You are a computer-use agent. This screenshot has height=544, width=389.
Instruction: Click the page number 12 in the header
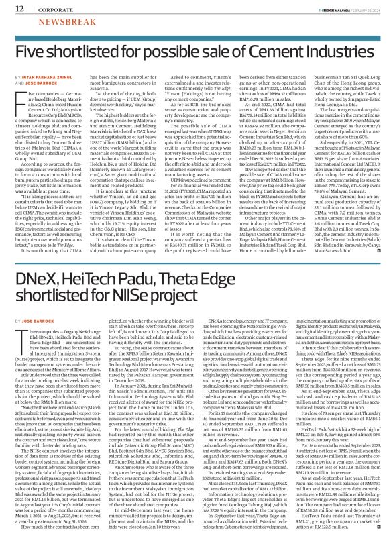pos(12,9)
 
